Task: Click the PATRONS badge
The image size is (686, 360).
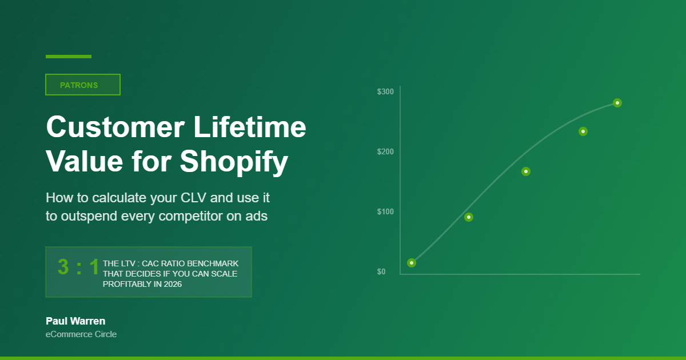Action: [x=82, y=85]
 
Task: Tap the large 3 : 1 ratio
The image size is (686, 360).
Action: [x=78, y=267]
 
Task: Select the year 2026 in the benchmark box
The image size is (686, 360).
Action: [x=172, y=284]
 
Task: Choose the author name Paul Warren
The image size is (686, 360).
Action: [x=75, y=321]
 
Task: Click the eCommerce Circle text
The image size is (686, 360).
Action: [x=81, y=334]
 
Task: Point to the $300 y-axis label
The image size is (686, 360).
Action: [x=385, y=92]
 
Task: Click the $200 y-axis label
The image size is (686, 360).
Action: [x=385, y=152]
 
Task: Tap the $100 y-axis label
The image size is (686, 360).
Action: [x=385, y=212]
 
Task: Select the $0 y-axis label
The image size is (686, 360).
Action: [x=381, y=272]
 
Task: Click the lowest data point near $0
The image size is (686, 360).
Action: [x=412, y=263]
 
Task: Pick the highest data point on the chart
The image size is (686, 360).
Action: [x=617, y=103]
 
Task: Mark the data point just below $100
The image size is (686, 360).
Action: [x=469, y=217]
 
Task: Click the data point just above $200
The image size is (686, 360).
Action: [x=583, y=131]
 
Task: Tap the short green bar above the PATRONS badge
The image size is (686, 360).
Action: [x=69, y=57]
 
